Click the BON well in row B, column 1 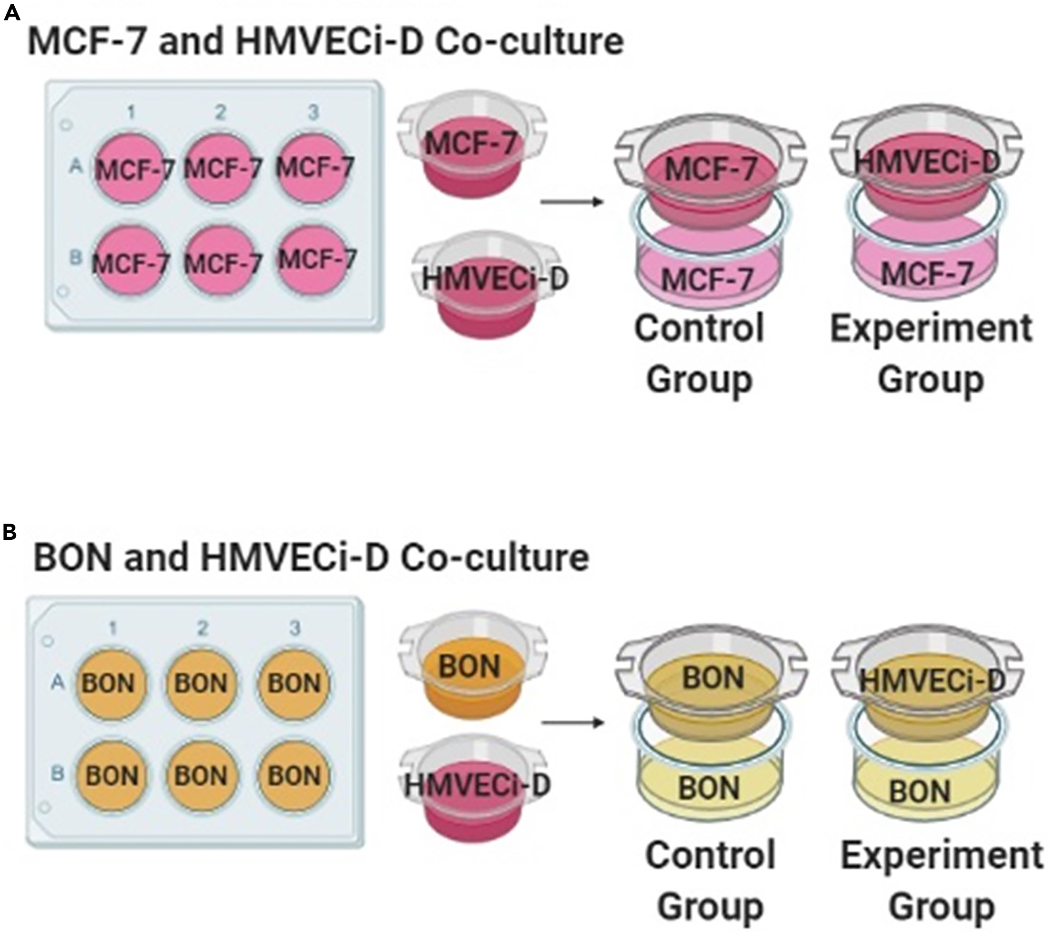tap(111, 775)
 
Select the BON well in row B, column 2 tap(200, 775)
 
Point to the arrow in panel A tap(571, 202)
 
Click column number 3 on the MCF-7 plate tap(313, 113)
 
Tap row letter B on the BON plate tap(57, 773)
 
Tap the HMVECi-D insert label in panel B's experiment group tap(932, 681)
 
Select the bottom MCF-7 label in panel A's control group tap(707, 280)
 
